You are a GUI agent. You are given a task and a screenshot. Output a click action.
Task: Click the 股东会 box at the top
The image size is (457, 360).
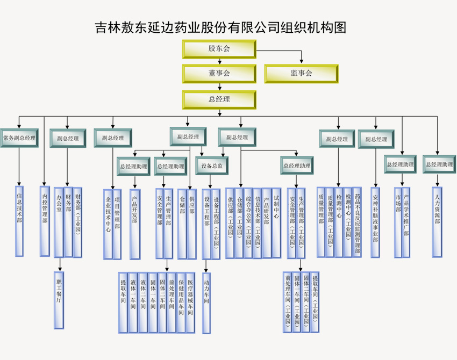[219, 49]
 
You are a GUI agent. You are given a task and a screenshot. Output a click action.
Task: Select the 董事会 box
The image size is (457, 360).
[219, 74]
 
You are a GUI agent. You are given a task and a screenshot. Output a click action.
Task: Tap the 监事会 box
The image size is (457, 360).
[301, 74]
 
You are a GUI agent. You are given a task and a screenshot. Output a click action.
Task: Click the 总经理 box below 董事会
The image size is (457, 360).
[219, 99]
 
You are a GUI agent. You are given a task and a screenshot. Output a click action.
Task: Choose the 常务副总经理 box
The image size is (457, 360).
[19, 138]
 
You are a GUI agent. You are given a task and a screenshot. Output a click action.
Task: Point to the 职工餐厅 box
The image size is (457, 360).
[60, 300]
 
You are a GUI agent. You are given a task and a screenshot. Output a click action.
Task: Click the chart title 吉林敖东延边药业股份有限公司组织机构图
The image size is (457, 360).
[220, 27]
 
